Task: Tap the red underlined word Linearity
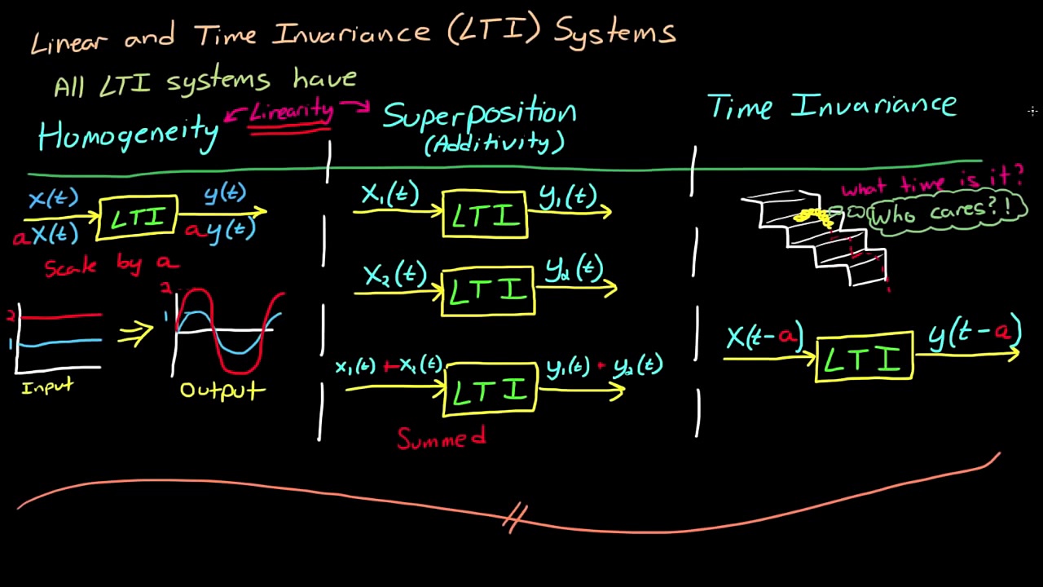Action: pyautogui.click(x=291, y=113)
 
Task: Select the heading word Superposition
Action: pyautogui.click(x=479, y=115)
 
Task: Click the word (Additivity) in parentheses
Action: pyautogui.click(x=494, y=143)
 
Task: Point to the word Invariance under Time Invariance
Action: pyautogui.click(x=874, y=106)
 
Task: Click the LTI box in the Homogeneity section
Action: pyautogui.click(x=137, y=218)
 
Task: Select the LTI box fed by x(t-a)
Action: pyautogui.click(x=864, y=357)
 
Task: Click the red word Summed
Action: pyautogui.click(x=441, y=439)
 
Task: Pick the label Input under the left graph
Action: pyautogui.click(x=47, y=387)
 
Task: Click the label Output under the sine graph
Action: pyautogui.click(x=222, y=390)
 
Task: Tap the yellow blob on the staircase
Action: pyautogui.click(x=813, y=216)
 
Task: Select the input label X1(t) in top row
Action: pyautogui.click(x=389, y=195)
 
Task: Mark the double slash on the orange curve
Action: pyautogui.click(x=515, y=517)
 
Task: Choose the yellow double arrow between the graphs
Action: pyautogui.click(x=135, y=333)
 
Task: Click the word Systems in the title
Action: pyautogui.click(x=615, y=33)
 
